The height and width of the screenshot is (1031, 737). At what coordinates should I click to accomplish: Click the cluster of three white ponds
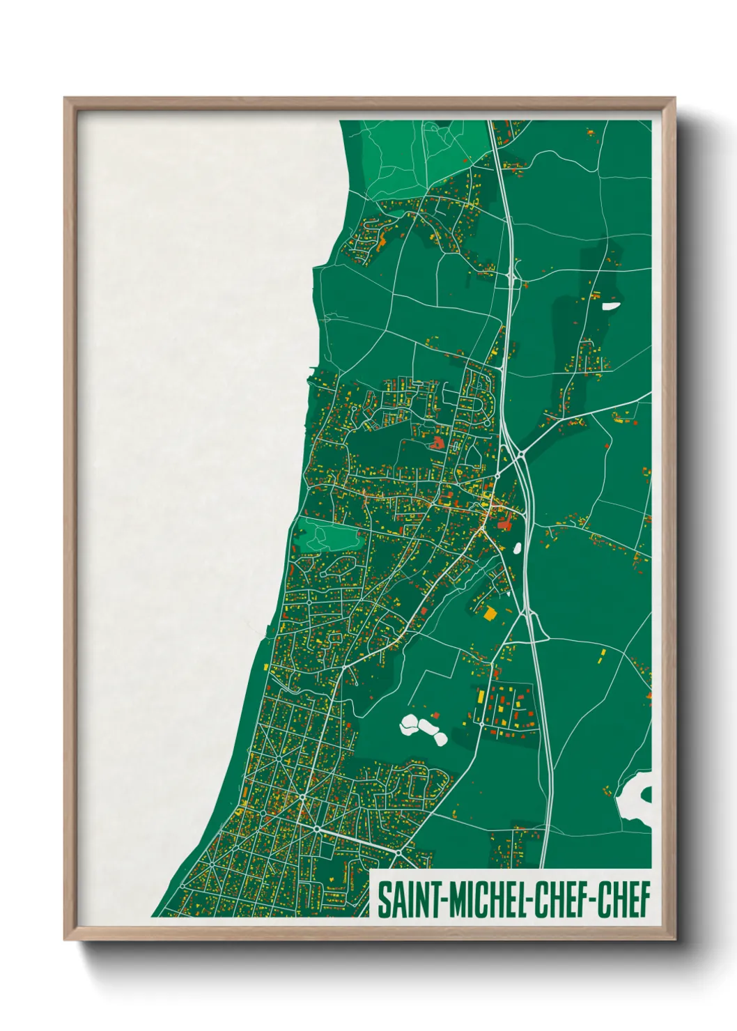coord(423,729)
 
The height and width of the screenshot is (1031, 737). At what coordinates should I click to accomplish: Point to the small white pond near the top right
coord(611,305)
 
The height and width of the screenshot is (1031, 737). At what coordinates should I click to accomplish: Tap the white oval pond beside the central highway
coord(518,548)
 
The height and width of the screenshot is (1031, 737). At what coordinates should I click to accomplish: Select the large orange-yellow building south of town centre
coord(490,613)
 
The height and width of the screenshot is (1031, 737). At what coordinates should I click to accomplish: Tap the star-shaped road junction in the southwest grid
coord(303,796)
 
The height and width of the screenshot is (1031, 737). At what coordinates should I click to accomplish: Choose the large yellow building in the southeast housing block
coord(481,697)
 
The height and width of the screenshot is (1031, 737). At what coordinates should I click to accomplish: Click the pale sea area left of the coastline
coord(188,418)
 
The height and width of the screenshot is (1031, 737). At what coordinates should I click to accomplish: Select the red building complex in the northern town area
coord(437,442)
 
